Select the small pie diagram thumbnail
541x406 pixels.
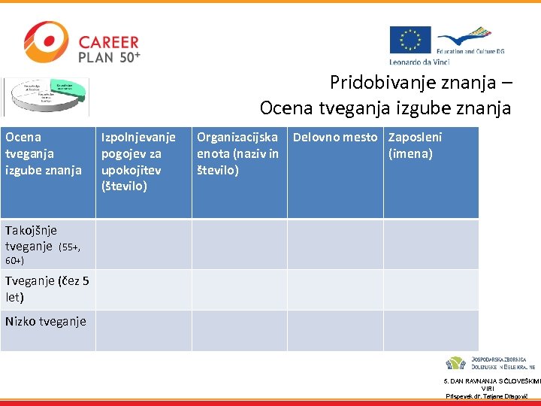[45, 95]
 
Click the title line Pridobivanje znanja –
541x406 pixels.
[421, 83]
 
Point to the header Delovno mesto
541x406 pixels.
[335, 138]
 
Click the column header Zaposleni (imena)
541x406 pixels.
[415, 146]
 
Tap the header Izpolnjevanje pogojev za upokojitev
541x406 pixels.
[138, 161]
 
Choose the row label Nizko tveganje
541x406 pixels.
[45, 322]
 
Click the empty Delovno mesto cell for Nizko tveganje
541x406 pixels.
[335, 331]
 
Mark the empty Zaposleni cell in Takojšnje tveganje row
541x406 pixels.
[431, 244]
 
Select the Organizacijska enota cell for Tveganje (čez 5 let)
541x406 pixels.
[239, 290]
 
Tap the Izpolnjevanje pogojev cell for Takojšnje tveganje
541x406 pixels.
[144, 244]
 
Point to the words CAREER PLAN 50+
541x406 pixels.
[109, 49]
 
